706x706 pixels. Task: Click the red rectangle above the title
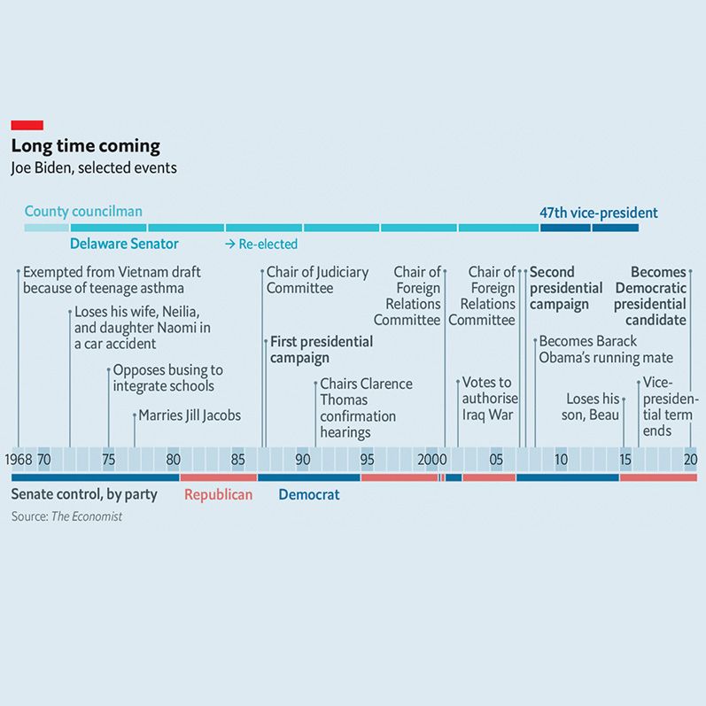pos(27,125)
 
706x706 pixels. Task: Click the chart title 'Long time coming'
pos(85,146)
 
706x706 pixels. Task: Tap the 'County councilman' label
pos(83,212)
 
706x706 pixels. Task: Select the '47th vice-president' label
pos(599,213)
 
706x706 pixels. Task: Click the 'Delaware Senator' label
pos(124,244)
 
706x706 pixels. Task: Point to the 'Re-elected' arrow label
pos(261,244)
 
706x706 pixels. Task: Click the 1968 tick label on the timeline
pos(18,460)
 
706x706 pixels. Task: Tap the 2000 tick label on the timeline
pos(431,460)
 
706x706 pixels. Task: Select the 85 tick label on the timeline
pos(238,460)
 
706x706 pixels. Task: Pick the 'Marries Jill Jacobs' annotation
pos(189,415)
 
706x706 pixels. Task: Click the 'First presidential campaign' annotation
pos(321,350)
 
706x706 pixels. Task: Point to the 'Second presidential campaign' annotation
pos(566,288)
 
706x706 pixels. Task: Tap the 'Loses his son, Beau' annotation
pos(593,407)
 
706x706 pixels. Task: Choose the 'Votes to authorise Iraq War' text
pos(489,399)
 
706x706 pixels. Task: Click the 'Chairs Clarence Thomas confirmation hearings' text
pos(365,407)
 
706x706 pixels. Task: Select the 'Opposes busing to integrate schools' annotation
pos(167,378)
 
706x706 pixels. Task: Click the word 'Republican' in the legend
pos(218,494)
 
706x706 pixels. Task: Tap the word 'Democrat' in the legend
pos(309,494)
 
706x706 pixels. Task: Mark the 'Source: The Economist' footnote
pos(66,516)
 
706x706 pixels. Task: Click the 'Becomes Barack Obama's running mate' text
pos(605,350)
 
